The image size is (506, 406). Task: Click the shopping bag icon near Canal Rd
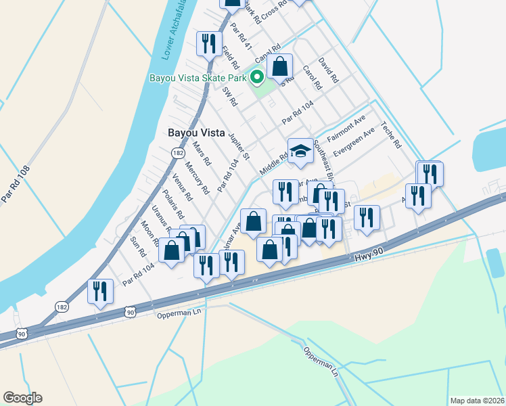279,67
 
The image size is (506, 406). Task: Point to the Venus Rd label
183,188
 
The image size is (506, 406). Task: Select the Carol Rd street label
311,79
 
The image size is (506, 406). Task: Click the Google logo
22,397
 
